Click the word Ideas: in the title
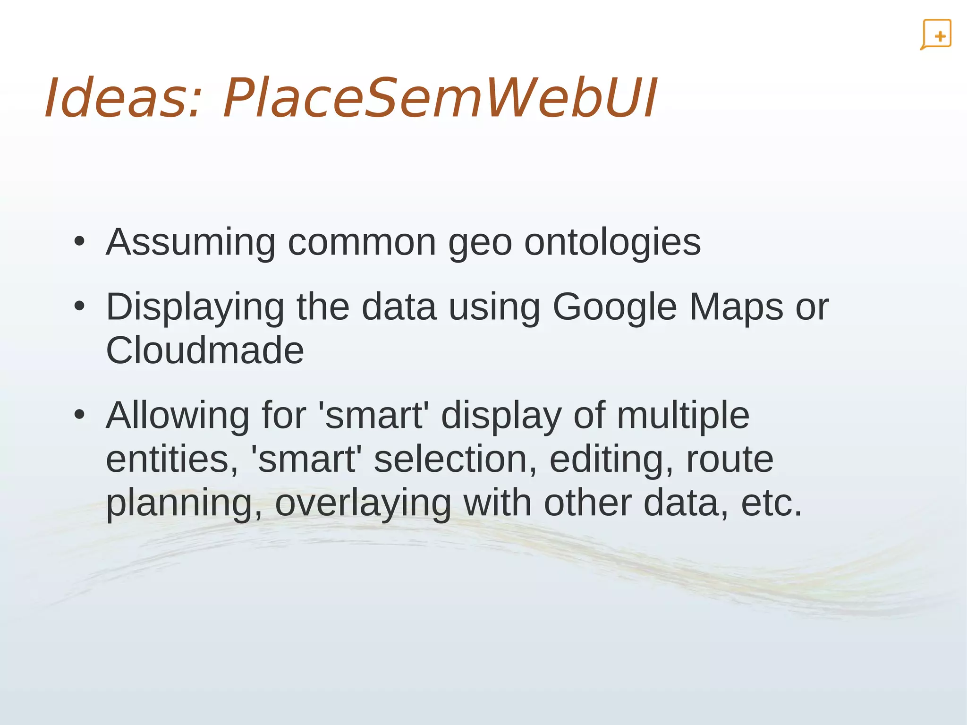[124, 98]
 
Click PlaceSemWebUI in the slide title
[439, 98]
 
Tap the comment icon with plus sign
[936, 34]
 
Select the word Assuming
[191, 242]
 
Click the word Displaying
[195, 307]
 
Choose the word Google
[615, 307]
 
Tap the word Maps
[736, 307]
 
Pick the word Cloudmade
[205, 350]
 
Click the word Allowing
[178, 416]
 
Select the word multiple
[683, 416]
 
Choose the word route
[729, 460]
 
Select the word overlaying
[363, 503]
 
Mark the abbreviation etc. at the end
[772, 503]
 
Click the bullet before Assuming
[79, 242]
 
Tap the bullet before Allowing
[79, 415]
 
